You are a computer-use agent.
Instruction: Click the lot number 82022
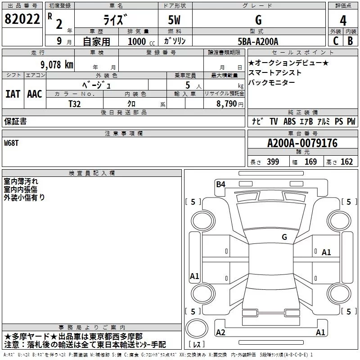(x=22, y=20)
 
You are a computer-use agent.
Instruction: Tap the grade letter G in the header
(x=258, y=20)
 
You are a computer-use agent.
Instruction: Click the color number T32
(x=75, y=103)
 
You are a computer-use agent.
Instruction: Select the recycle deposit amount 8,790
(x=227, y=103)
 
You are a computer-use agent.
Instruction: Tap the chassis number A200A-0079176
(x=302, y=144)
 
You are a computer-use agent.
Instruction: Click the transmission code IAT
(x=13, y=94)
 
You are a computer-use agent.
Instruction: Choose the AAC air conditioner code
(x=35, y=94)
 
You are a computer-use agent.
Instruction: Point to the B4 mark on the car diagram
(x=220, y=184)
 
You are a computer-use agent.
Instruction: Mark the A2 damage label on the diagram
(x=220, y=333)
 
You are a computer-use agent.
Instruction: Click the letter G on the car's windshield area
(x=284, y=237)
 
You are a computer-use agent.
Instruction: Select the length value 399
(x=273, y=162)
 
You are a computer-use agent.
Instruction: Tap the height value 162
(x=346, y=162)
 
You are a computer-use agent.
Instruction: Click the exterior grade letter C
(x=335, y=41)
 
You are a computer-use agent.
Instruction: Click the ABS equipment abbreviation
(x=289, y=121)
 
